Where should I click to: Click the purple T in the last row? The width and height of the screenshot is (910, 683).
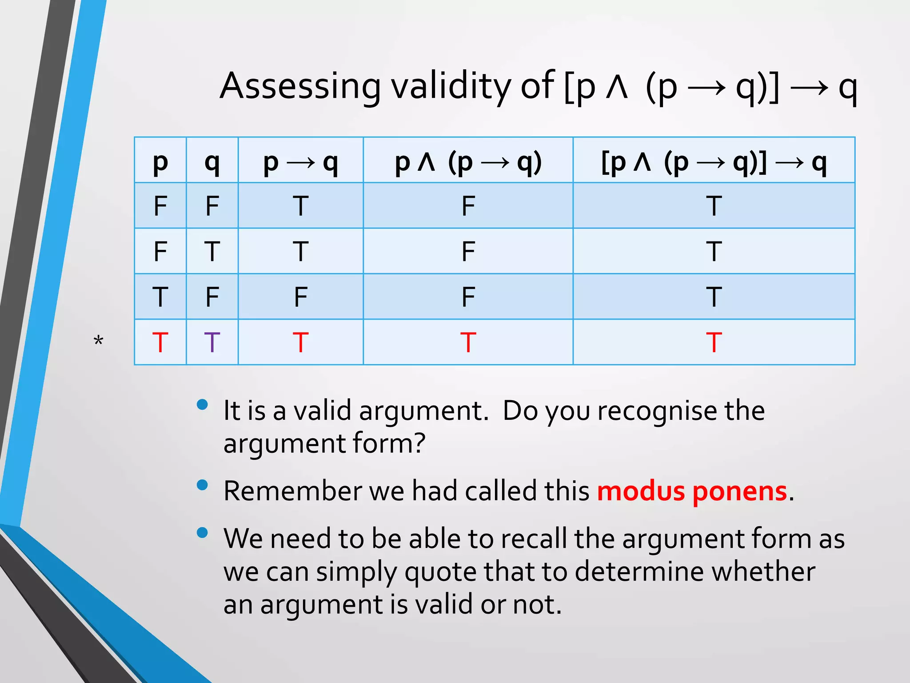212,342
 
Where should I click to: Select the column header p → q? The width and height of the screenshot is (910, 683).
300,163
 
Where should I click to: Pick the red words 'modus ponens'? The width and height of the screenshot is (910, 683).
692,492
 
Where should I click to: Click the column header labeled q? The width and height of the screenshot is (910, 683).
212,163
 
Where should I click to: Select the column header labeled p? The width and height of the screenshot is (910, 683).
160,163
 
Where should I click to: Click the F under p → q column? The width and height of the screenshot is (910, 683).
300,297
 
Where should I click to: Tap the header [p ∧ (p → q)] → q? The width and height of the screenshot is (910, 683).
714,163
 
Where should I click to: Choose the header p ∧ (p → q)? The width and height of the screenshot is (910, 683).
468,163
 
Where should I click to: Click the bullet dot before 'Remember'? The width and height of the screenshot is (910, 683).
202,485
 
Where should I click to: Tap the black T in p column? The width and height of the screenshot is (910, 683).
160,297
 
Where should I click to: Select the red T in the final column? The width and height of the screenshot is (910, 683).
714,342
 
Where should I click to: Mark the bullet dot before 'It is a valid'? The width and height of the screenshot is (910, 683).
202,404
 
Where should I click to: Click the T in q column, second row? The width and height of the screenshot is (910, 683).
212,252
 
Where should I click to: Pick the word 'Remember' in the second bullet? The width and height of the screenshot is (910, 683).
292,492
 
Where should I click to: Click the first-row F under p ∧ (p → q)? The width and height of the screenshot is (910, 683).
468,206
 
